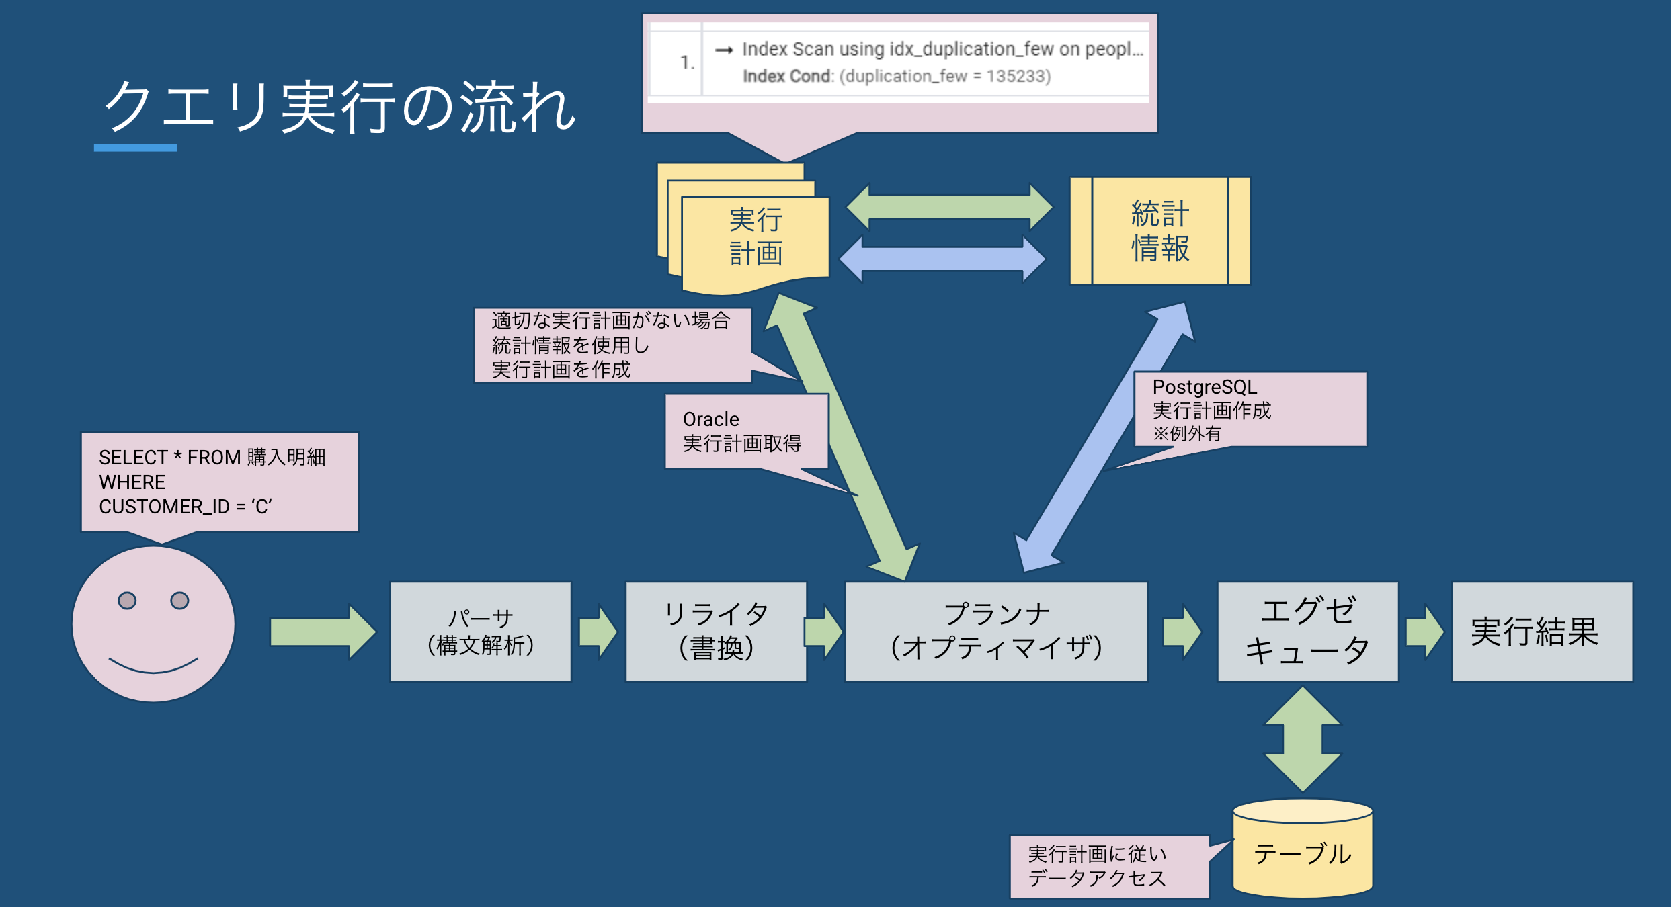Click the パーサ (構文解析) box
click(481, 632)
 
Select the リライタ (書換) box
click(716, 632)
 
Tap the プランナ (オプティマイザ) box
click(996, 632)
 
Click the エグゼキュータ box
click(1307, 632)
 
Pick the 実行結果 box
click(1542, 632)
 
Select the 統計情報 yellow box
click(1160, 231)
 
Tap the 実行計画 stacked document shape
click(755, 239)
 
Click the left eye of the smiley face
click(127, 600)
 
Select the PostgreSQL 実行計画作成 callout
click(1250, 409)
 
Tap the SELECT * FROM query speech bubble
click(220, 482)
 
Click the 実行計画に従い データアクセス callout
click(1109, 866)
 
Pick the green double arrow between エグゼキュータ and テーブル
click(1303, 739)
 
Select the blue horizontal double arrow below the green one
click(942, 259)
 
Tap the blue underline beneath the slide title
click(135, 148)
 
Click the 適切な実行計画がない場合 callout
click(612, 345)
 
